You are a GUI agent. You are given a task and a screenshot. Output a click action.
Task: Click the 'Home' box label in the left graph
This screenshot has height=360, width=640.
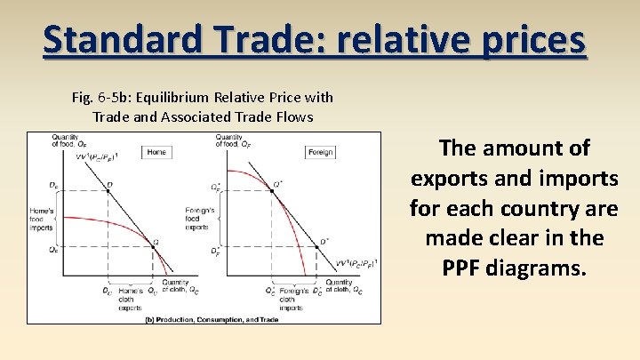(156, 152)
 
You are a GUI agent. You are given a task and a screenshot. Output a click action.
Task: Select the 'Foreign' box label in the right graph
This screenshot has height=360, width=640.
(321, 152)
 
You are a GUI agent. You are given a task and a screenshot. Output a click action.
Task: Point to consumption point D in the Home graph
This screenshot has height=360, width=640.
(109, 186)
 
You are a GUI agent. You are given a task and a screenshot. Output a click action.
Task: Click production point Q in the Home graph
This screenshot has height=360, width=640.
(155, 242)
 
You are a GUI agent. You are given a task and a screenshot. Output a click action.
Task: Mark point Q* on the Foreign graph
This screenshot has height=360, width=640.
(277, 184)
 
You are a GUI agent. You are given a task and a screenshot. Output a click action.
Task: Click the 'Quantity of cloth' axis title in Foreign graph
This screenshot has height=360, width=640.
(344, 286)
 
